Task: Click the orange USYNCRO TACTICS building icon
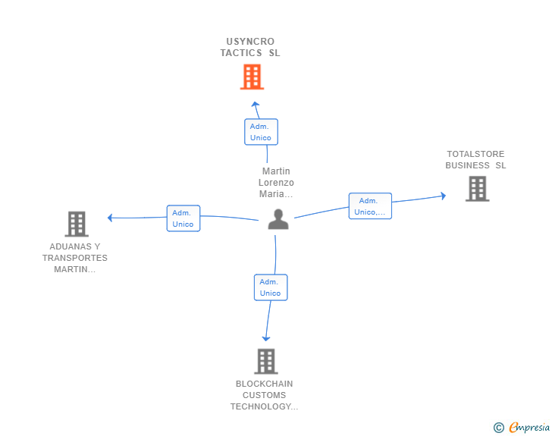(252, 77)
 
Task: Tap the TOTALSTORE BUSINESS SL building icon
(477, 188)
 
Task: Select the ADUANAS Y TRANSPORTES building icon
(77, 224)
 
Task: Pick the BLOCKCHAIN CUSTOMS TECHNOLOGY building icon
(265, 361)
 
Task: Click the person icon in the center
(278, 219)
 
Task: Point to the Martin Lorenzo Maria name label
(276, 183)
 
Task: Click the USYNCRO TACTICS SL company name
(250, 47)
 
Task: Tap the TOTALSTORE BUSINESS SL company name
(475, 160)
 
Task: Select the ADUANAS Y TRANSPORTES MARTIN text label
(75, 258)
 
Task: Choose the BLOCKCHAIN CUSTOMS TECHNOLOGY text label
(265, 395)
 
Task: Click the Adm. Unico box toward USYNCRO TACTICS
(261, 132)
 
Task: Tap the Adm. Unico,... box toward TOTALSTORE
(370, 206)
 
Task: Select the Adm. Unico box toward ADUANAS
(183, 218)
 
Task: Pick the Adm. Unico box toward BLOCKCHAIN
(270, 287)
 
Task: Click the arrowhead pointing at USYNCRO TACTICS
(256, 105)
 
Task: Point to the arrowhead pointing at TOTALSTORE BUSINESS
(444, 196)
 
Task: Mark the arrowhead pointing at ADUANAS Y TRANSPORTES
(111, 218)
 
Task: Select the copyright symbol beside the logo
(498, 428)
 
